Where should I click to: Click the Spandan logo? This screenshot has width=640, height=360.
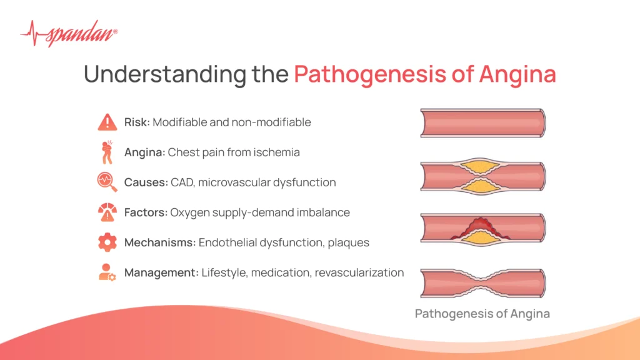pos(68,32)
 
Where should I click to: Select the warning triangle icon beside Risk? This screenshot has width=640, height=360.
pos(107,122)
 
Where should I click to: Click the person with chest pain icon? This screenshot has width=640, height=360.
pos(107,152)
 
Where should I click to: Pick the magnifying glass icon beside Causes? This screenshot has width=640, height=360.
pos(107,182)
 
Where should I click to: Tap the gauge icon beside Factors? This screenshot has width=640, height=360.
pos(107,212)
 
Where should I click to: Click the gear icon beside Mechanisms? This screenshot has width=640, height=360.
pos(107,242)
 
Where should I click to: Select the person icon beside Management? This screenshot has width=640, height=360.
pos(107,272)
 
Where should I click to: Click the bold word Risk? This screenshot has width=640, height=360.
pos(136,122)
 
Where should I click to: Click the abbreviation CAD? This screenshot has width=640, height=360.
pos(182,182)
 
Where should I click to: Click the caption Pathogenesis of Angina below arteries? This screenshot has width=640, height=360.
pos(482,314)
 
